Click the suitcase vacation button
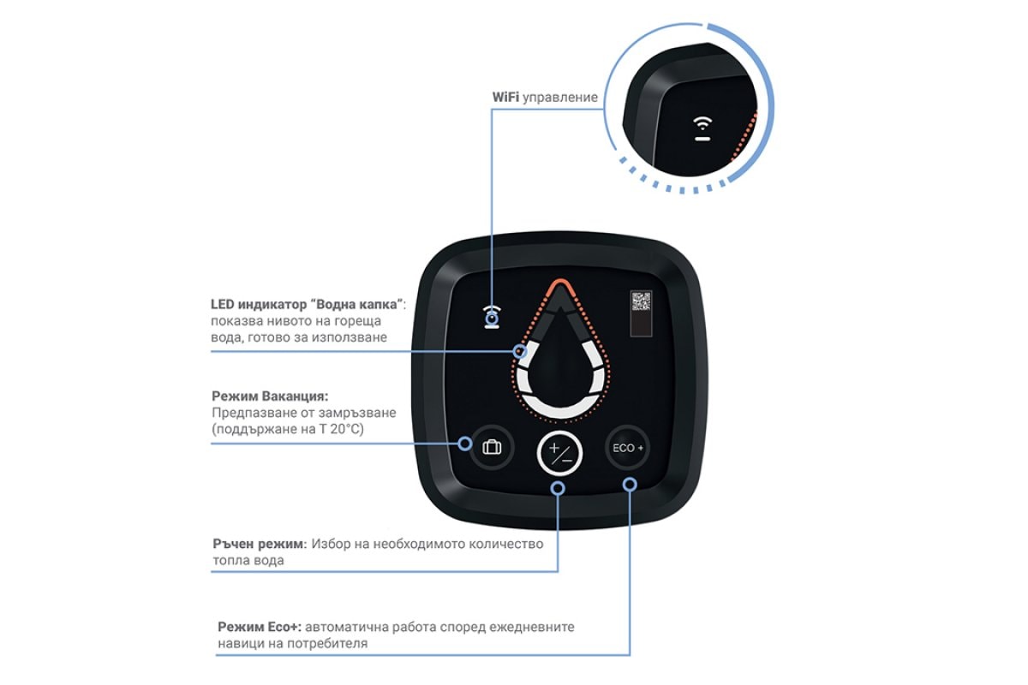[x=492, y=447]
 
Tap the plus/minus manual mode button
[x=559, y=453]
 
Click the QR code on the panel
[x=641, y=301]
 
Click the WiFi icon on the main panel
[x=492, y=317]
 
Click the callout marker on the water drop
[x=520, y=351]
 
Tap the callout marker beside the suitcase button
[x=465, y=444]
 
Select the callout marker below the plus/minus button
[x=558, y=488]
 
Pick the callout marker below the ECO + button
[x=630, y=485]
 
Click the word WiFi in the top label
[x=505, y=98]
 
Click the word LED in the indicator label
[x=222, y=304]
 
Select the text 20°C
[x=347, y=429]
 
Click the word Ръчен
[x=233, y=544]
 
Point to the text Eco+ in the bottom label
[x=287, y=627]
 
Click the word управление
[x=560, y=98]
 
